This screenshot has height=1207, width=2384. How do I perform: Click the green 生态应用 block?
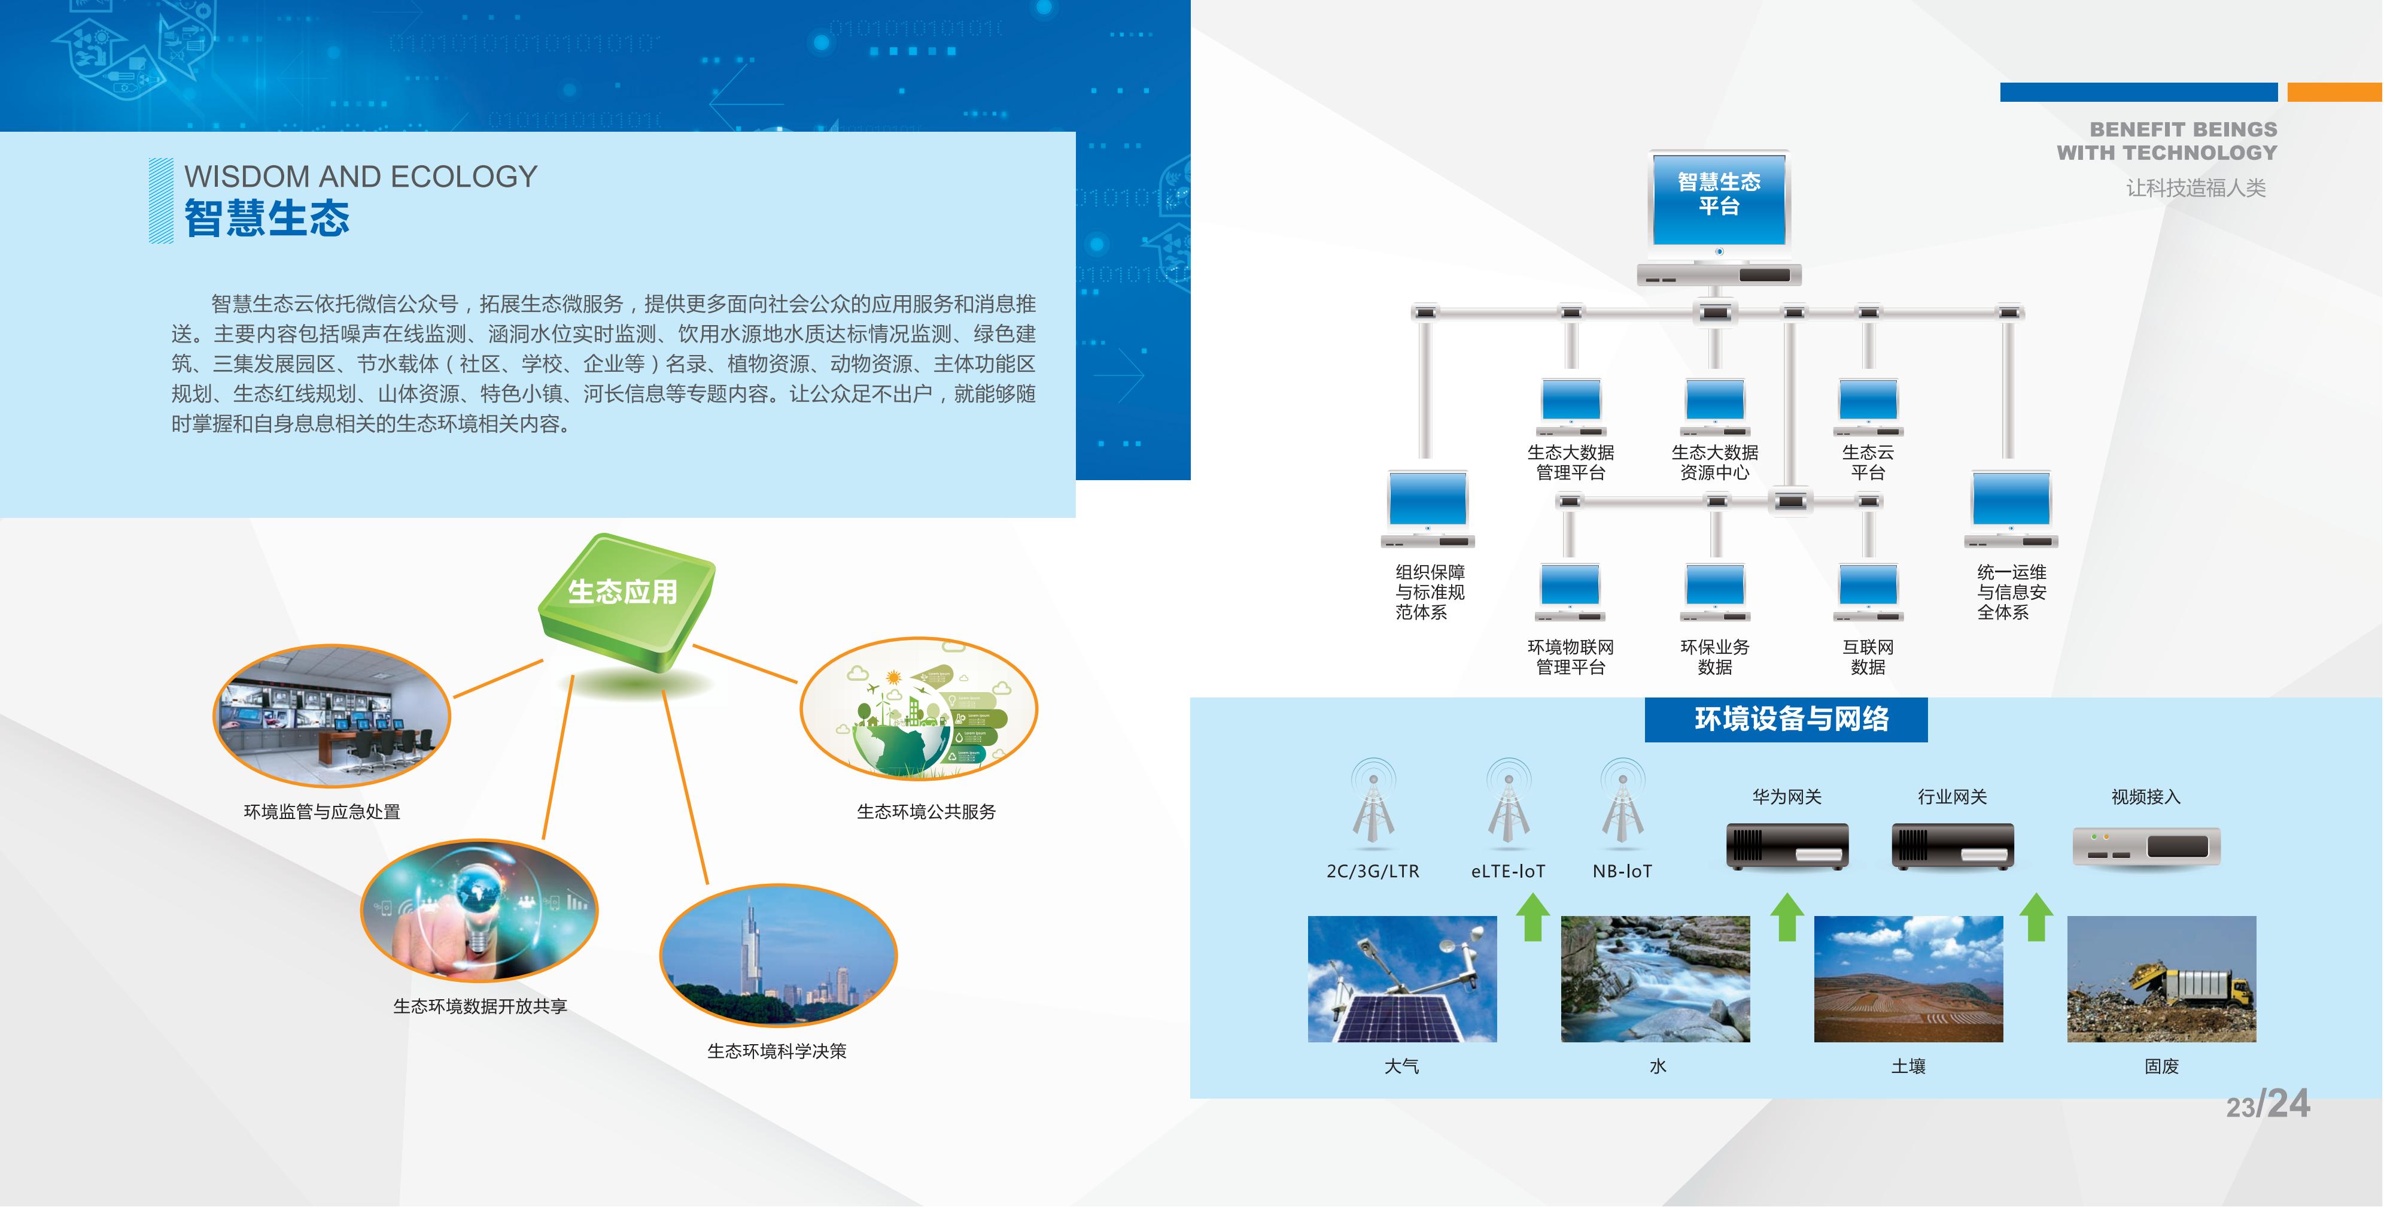click(x=627, y=602)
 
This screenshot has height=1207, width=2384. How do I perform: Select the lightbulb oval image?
click(x=479, y=911)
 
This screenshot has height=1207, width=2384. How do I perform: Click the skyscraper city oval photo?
click(x=779, y=955)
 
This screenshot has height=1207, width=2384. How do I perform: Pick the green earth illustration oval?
click(x=919, y=708)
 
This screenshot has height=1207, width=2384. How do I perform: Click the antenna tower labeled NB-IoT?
click(x=1622, y=800)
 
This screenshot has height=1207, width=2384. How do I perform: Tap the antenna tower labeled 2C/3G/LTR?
click(x=1373, y=800)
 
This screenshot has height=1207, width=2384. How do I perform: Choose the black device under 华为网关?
click(x=1787, y=846)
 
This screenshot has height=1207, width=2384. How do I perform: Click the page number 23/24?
click(x=2267, y=1103)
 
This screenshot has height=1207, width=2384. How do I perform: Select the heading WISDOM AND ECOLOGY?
click(x=361, y=176)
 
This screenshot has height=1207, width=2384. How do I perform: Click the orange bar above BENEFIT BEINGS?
click(x=2335, y=92)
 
